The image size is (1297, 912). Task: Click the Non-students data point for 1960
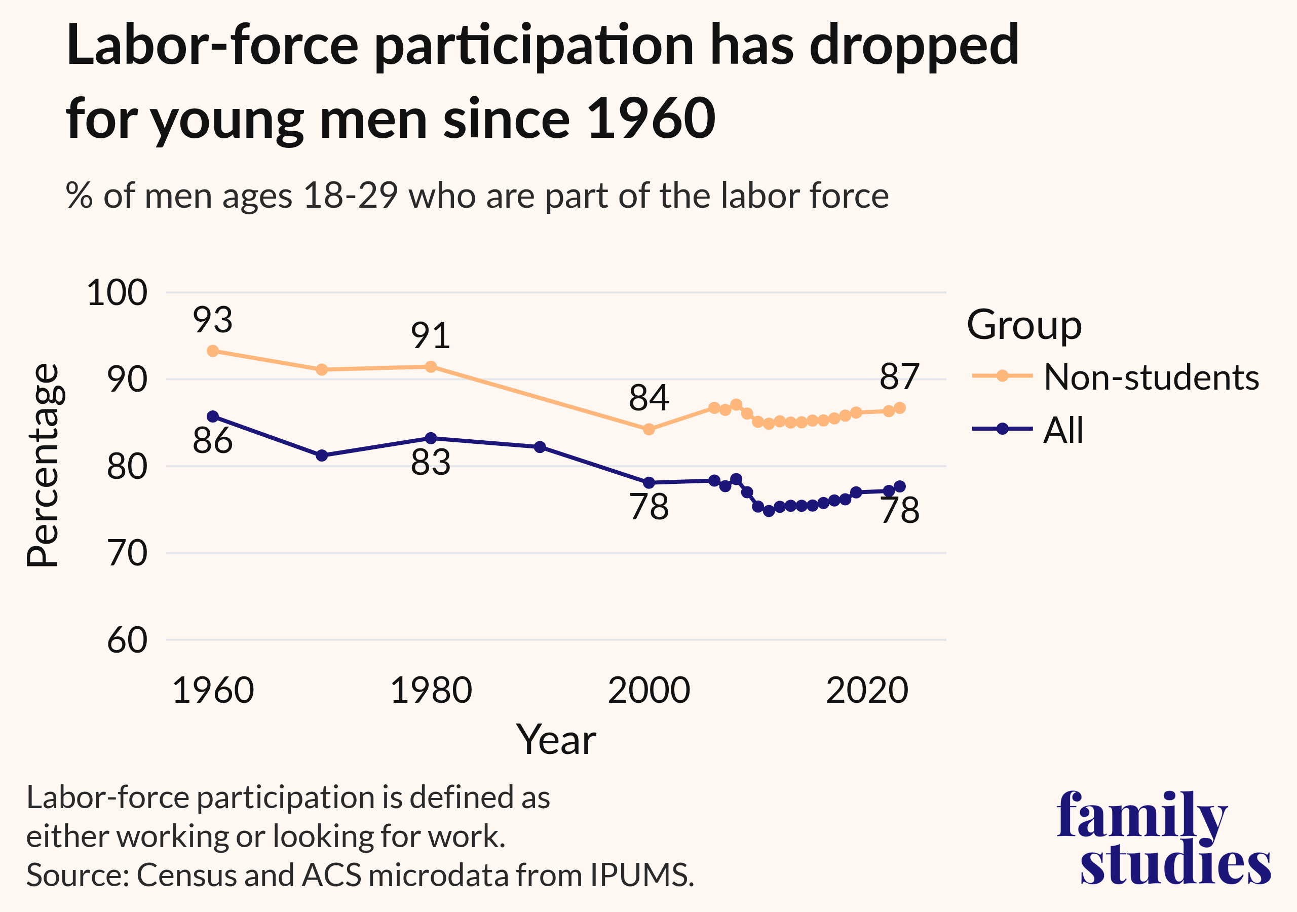pos(213,351)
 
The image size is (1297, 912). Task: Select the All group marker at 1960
pos(213,416)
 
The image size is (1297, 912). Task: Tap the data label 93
pos(212,320)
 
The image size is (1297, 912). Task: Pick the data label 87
pos(899,376)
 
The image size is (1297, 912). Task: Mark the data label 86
pos(212,441)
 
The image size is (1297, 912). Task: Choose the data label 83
pos(431,462)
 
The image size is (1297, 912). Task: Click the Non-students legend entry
pos(1151,377)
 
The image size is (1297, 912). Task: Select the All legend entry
pos(1063,430)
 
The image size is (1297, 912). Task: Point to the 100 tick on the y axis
pos(117,293)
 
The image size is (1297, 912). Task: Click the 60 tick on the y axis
pos(127,640)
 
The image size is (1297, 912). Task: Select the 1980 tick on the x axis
pos(431,691)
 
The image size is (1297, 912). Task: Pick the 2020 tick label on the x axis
pos(867,691)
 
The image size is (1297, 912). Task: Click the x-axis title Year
pos(556,739)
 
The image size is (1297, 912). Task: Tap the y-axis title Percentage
pos(43,465)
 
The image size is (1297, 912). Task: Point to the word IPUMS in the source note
pos(642,876)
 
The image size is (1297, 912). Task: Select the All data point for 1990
pos(540,447)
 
